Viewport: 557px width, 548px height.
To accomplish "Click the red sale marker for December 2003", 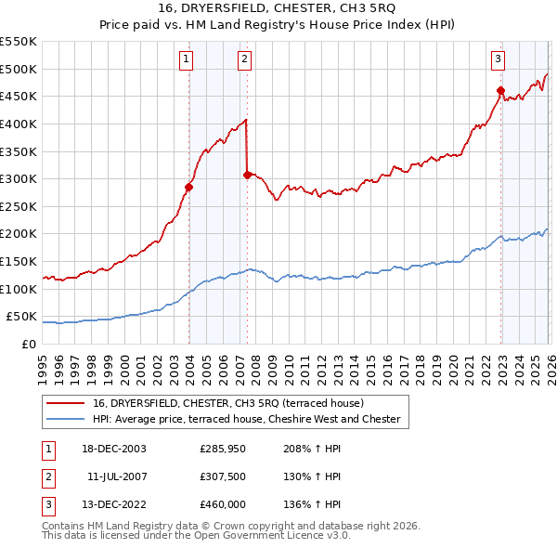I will coord(188,187).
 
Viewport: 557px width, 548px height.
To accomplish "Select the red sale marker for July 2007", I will coord(247,174).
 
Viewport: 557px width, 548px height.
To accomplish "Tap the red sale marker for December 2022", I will coord(500,90).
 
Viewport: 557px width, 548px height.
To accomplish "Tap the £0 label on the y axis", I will coord(28,345).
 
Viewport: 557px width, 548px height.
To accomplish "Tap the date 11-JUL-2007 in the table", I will coord(116,476).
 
